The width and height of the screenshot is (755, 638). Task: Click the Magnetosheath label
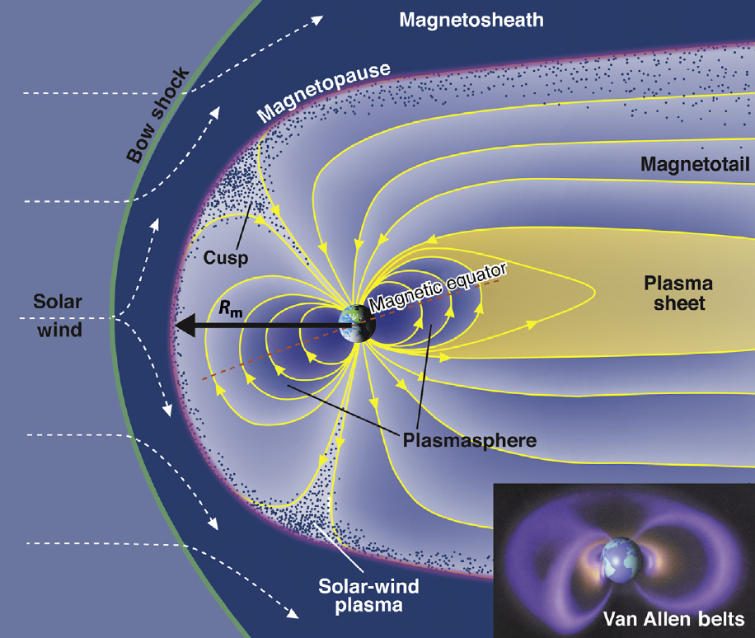[471, 20]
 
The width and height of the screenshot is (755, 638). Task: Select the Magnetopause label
[323, 91]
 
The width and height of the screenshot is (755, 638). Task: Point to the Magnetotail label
[694, 166]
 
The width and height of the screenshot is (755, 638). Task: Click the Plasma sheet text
[677, 293]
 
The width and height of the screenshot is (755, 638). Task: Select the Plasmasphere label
[469, 440]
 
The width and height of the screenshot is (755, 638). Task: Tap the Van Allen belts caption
[673, 618]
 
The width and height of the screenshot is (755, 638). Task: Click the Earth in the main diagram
[359, 325]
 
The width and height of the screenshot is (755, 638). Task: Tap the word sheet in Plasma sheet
[677, 304]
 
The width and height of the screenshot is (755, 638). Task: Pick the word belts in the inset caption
[723, 618]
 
